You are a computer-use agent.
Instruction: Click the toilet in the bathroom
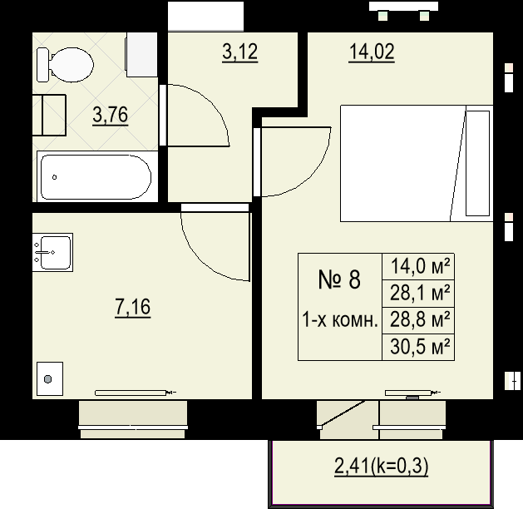(65, 65)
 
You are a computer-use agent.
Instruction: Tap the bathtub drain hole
(54, 177)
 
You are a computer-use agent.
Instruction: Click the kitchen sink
(52, 252)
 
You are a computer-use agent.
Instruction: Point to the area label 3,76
(110, 115)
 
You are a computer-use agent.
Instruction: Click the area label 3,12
(239, 52)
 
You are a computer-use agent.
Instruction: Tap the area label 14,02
(372, 52)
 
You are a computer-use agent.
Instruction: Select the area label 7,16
(133, 307)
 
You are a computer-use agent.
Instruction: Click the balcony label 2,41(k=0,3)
(382, 466)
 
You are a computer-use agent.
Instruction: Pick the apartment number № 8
(339, 279)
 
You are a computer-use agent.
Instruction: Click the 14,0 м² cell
(418, 266)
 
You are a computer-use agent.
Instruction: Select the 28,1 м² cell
(418, 294)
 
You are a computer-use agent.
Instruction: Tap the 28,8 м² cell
(418, 320)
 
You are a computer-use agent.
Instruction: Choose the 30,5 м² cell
(418, 347)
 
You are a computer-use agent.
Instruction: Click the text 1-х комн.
(340, 319)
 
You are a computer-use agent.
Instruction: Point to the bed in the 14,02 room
(417, 164)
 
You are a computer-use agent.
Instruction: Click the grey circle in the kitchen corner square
(48, 379)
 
